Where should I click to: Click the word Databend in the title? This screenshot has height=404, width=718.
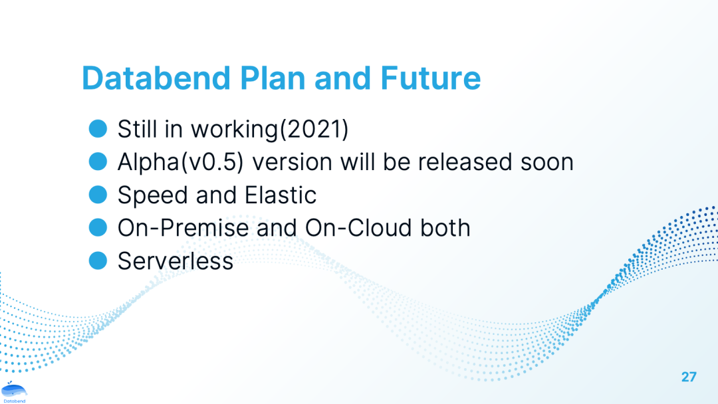coord(156,78)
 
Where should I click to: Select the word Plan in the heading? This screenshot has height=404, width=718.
coord(273,78)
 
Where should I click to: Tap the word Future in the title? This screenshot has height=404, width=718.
coord(430,78)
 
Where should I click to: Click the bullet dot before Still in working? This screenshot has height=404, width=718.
coord(98,128)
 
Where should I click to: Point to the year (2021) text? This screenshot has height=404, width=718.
coord(314,129)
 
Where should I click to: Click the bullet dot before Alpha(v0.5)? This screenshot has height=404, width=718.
coord(98,161)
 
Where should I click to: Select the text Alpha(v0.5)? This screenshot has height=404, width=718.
coord(180,162)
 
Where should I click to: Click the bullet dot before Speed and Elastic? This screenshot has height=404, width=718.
coord(98,195)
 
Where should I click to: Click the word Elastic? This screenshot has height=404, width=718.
coord(281,195)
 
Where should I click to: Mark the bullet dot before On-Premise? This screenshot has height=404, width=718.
coord(98,227)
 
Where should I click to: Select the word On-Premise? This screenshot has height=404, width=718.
coord(183,228)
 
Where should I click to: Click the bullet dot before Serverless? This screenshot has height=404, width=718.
coord(98,260)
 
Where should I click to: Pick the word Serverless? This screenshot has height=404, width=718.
coord(176,261)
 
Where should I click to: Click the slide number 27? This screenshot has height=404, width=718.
coord(689,377)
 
